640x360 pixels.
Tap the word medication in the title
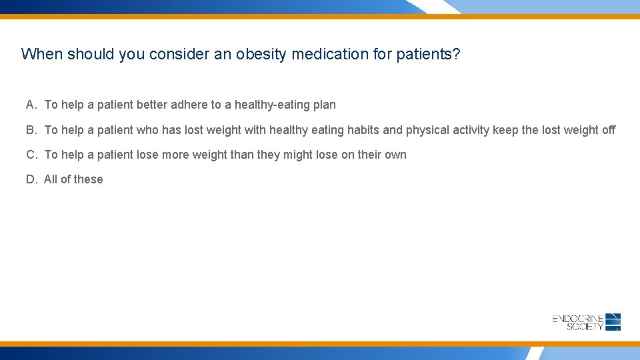click(x=330, y=54)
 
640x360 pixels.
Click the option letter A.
click(x=31, y=105)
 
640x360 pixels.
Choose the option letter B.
click(x=31, y=130)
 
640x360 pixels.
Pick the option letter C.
click(x=31, y=155)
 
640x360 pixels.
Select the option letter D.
click(x=31, y=179)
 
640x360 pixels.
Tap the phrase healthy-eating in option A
click(x=272, y=105)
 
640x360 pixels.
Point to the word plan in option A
click(x=325, y=105)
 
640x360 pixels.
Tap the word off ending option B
click(x=608, y=130)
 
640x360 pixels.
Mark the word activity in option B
click(x=471, y=130)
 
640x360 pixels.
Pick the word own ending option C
click(x=395, y=155)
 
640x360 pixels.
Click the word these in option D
click(x=89, y=179)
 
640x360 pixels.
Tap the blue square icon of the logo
click(x=613, y=322)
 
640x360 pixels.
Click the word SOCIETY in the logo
click(x=585, y=327)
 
